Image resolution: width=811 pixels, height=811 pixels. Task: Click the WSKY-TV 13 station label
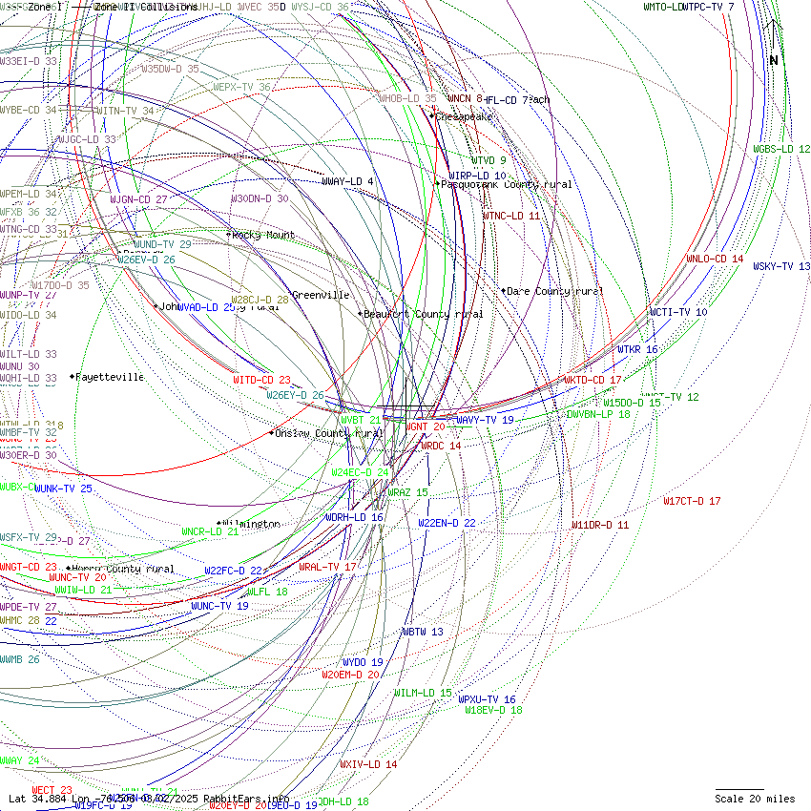(781, 266)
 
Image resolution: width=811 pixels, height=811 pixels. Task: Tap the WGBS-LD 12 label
(781, 149)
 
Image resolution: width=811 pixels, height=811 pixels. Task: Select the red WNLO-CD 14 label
(715, 259)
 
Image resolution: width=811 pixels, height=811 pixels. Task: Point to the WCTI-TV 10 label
(678, 312)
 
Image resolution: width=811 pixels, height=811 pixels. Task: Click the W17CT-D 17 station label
(692, 501)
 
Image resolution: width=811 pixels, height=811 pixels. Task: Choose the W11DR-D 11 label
(600, 525)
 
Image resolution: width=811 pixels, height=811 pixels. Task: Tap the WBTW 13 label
(422, 632)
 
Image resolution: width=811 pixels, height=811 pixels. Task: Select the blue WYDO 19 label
(363, 662)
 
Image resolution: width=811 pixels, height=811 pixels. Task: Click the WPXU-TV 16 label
(487, 699)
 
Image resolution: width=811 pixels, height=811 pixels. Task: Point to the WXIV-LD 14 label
(368, 764)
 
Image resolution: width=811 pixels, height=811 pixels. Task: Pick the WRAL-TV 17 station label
(327, 567)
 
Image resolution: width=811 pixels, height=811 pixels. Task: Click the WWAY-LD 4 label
(347, 181)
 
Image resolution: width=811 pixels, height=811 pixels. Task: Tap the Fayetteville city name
(111, 377)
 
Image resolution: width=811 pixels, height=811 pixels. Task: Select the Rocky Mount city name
(264, 235)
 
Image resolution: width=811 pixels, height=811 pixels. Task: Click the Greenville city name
(321, 295)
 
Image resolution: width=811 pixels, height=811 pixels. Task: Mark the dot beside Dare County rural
(503, 290)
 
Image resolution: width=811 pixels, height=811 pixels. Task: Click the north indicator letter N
(774, 61)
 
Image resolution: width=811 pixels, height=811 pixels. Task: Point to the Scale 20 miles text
(755, 799)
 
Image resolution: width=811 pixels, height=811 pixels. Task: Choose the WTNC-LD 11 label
(511, 216)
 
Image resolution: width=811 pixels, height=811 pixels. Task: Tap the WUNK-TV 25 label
(63, 489)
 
